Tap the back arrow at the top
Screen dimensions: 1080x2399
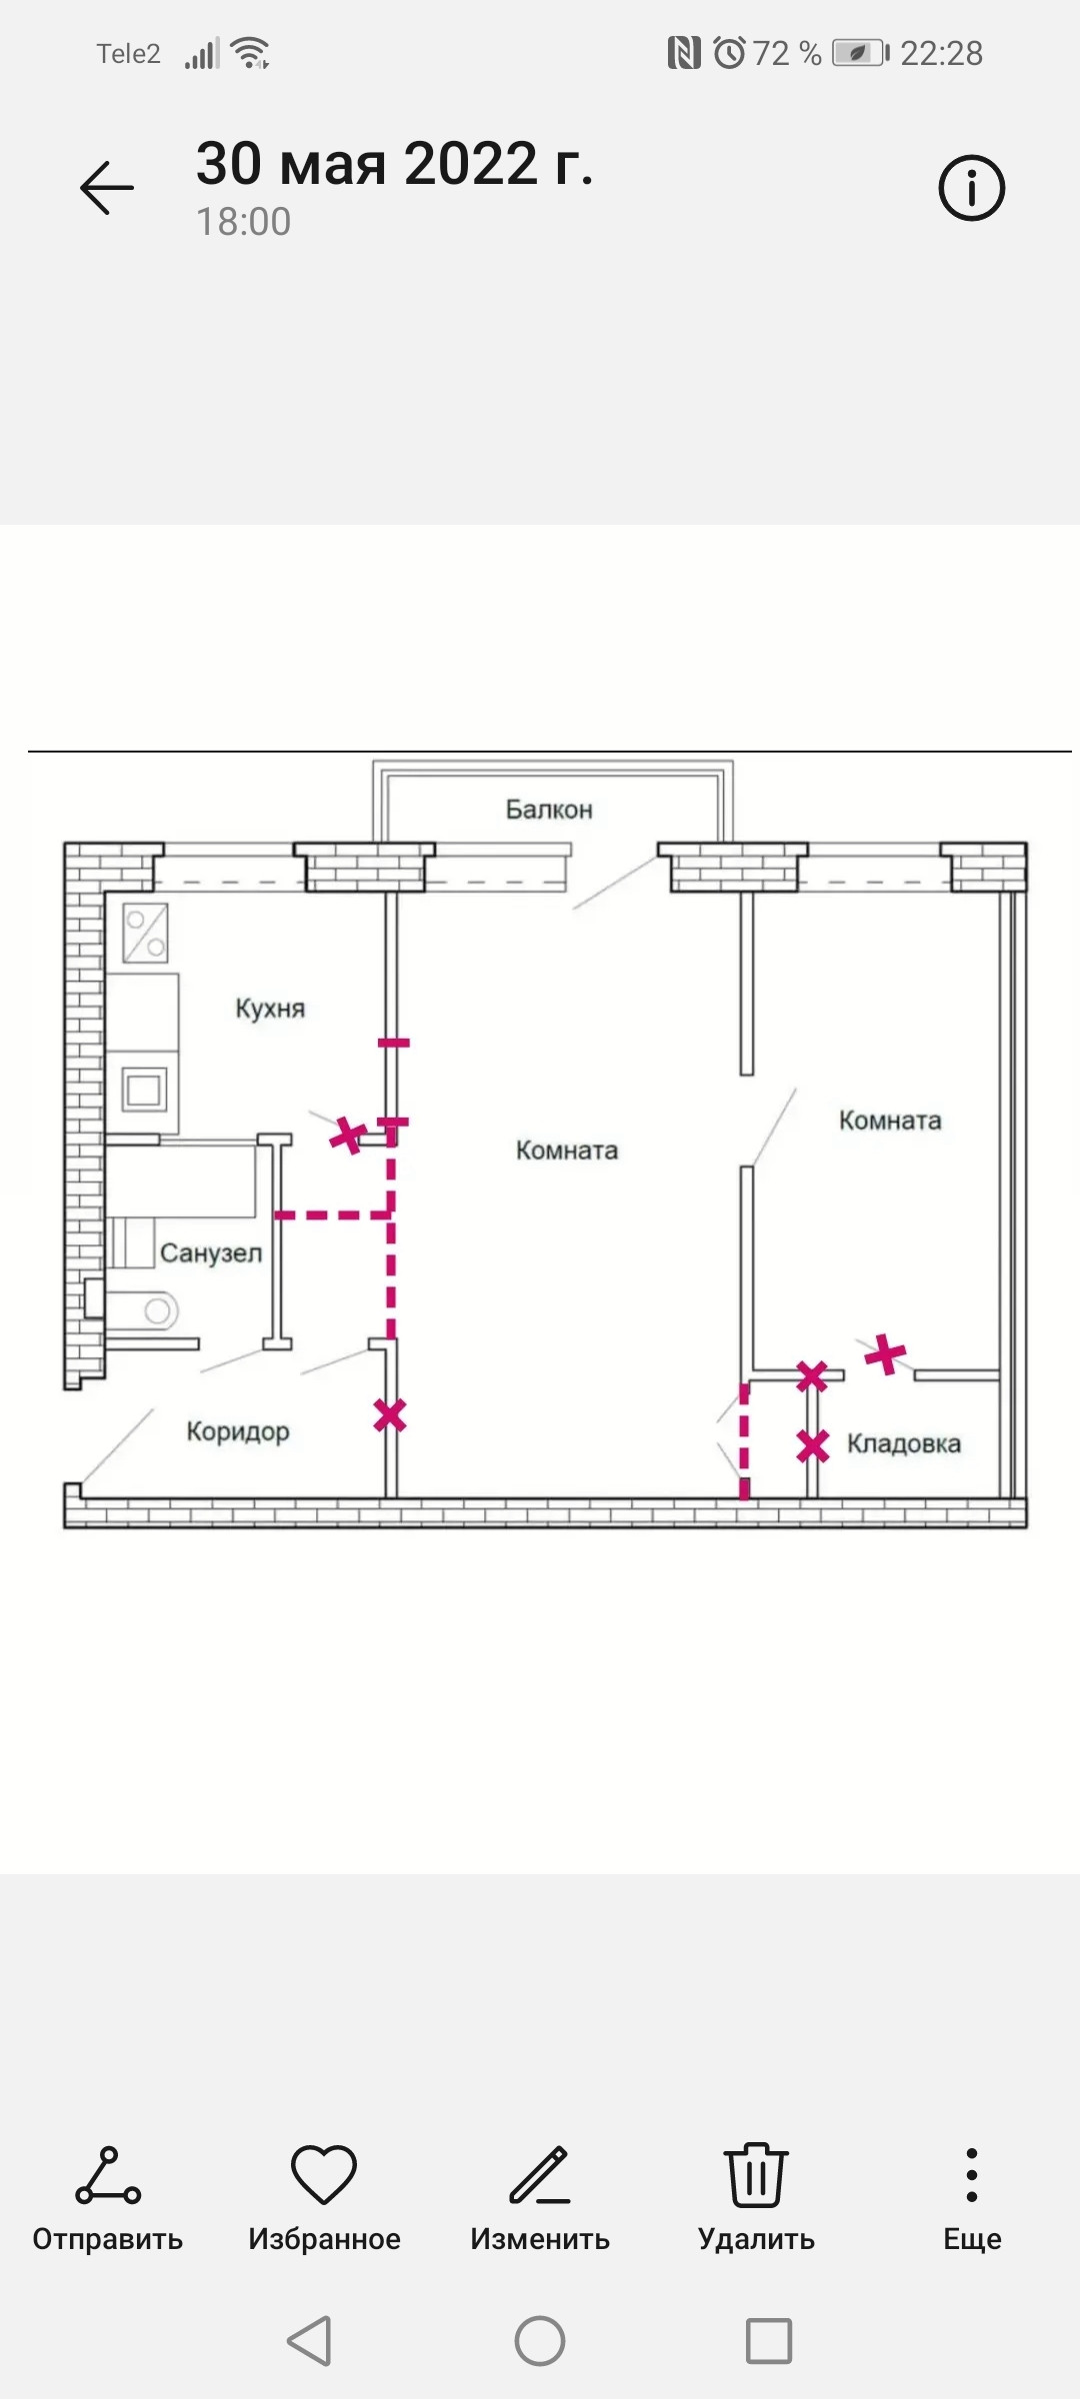click(107, 188)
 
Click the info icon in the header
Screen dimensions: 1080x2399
click(971, 188)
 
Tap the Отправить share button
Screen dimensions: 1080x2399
click(108, 2176)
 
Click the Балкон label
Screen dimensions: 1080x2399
click(549, 809)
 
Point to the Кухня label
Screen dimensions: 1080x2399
click(270, 1008)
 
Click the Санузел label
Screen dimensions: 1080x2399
click(211, 1252)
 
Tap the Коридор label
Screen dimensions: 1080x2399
click(238, 1431)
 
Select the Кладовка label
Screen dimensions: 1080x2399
click(904, 1443)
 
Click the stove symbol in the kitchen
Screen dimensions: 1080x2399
click(146, 932)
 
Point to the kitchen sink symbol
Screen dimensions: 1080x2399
click(144, 1089)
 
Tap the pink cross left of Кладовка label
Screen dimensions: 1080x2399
click(813, 1445)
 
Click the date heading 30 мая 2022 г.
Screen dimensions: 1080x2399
click(395, 163)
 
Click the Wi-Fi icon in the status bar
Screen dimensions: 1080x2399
click(250, 52)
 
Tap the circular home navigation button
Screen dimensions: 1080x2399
click(540, 2341)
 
